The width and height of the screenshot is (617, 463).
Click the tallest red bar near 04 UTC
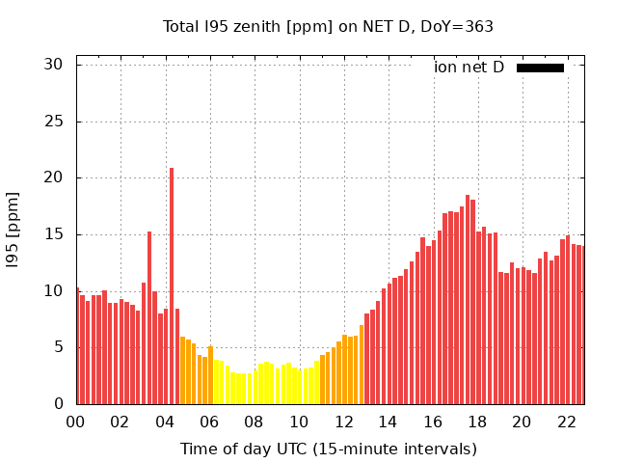pyautogui.click(x=172, y=286)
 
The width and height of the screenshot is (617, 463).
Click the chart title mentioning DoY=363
pyautogui.click(x=328, y=27)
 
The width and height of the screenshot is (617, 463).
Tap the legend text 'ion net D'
pyautogui.click(x=469, y=68)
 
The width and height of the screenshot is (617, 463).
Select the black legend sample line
pyautogui.click(x=540, y=68)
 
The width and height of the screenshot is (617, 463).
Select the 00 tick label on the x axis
pyautogui.click(x=75, y=422)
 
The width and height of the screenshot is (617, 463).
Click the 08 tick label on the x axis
pyautogui.click(x=254, y=422)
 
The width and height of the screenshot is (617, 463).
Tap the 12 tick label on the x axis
pyautogui.click(x=343, y=422)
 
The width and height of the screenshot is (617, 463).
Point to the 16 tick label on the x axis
pyautogui.click(x=432, y=422)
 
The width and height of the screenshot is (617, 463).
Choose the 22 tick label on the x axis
pyautogui.click(x=566, y=422)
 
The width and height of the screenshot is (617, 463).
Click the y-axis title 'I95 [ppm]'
pyautogui.click(x=13, y=234)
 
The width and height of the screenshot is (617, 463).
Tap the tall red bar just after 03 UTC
pyautogui.click(x=149, y=317)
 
